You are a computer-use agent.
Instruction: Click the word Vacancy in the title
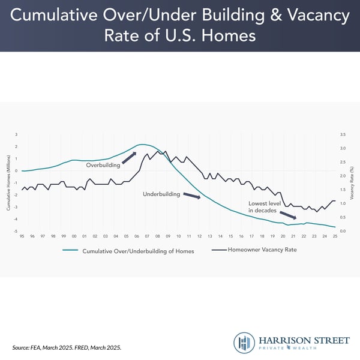[313, 16]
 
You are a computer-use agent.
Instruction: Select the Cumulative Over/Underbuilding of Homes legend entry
[138, 251]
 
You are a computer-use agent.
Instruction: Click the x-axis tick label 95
[22, 236]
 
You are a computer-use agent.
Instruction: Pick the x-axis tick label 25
[335, 236]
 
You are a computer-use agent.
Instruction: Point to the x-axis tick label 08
[157, 236]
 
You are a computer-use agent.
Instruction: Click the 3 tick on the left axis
[16, 134]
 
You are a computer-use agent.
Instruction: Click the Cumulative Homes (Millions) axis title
[8, 183]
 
